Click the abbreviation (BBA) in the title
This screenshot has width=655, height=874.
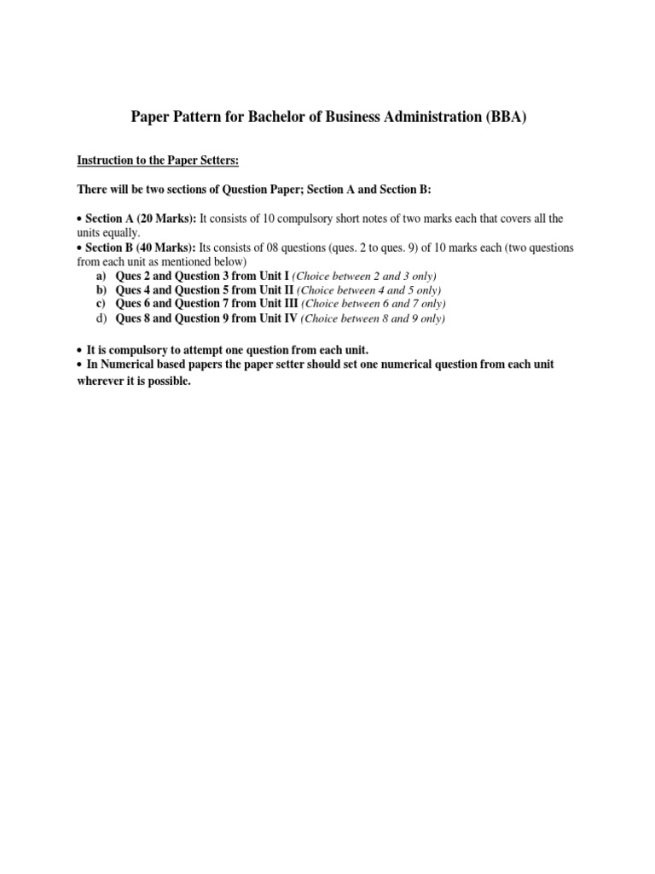pos(506,118)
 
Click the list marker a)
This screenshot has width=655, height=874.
pos(101,277)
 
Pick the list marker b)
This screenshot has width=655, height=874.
pos(101,290)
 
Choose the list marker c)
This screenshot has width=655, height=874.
pos(101,304)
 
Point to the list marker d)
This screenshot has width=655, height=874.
pos(101,318)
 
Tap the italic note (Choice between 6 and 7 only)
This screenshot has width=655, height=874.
pos(373,304)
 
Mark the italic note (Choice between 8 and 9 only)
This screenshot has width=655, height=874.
pos(372,318)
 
